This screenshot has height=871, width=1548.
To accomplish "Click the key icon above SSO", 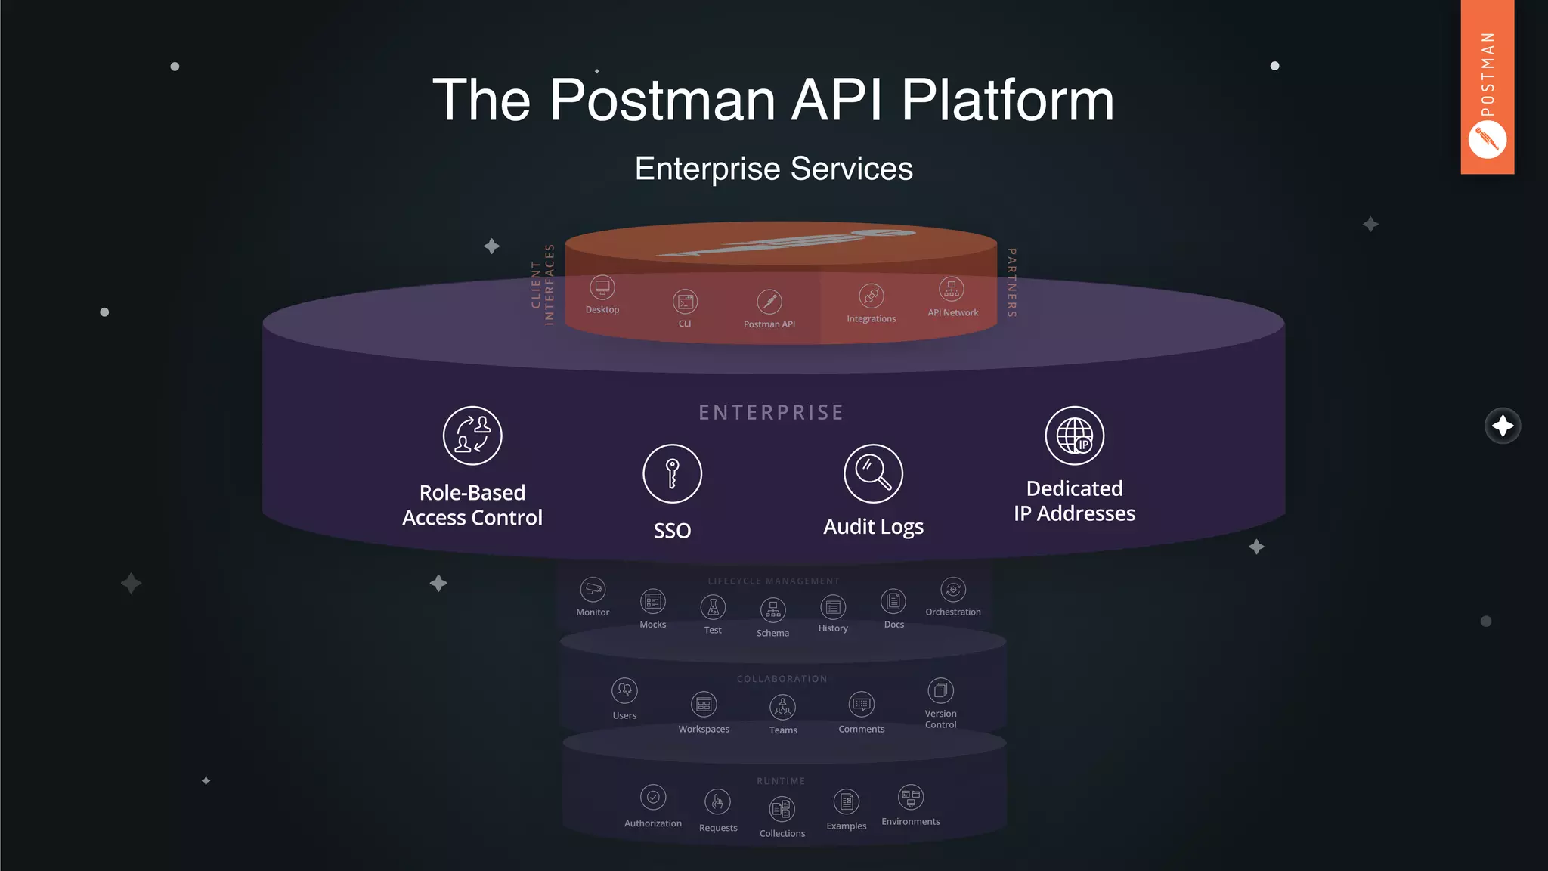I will point(672,473).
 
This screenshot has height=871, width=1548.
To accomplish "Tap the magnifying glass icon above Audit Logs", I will point(873,473).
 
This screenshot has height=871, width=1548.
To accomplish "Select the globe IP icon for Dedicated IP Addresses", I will point(1074,435).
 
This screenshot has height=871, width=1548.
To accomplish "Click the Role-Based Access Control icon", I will point(472,435).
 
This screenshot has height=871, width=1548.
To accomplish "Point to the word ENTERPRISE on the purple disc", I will point(771,413).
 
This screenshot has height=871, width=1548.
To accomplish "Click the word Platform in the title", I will point(1007,100).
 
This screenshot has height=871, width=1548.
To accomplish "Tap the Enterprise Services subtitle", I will point(773,169).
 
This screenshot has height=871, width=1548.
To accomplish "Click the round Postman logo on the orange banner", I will point(1487,140).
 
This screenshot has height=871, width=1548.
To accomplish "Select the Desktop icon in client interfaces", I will point(602,287).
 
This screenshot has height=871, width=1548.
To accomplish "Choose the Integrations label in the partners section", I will point(871,319).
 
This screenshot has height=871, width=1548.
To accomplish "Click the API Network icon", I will point(952,289).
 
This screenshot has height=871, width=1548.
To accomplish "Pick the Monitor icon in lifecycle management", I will point(593,589).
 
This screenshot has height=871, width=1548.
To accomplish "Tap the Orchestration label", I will point(952,612).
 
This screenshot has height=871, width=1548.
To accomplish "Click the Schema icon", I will point(772,609).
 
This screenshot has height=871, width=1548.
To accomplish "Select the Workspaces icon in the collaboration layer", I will point(704,705).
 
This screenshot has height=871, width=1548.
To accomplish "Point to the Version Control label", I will point(940,719).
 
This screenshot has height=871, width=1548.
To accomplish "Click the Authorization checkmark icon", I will point(653,797).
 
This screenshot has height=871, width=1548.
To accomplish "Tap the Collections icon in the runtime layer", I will point(782,809).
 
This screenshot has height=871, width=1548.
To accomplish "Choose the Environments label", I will point(910,822).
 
